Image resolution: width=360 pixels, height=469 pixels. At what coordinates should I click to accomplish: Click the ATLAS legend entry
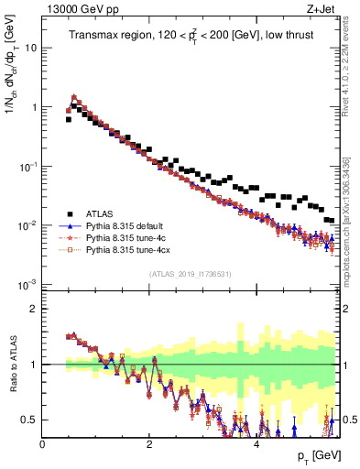(100, 212)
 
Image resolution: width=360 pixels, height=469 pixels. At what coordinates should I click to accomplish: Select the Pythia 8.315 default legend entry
(125, 224)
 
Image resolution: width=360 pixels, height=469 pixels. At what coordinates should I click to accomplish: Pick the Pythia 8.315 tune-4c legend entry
(125, 236)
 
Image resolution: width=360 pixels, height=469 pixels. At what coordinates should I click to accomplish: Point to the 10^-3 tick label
(27, 285)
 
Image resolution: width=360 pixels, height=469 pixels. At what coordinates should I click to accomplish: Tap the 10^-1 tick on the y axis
(27, 166)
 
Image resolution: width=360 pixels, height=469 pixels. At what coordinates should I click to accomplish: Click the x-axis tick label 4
(256, 443)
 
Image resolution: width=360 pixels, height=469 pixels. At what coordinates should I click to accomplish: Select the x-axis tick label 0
(42, 443)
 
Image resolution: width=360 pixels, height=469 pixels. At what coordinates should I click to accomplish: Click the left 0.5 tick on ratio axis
(29, 420)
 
